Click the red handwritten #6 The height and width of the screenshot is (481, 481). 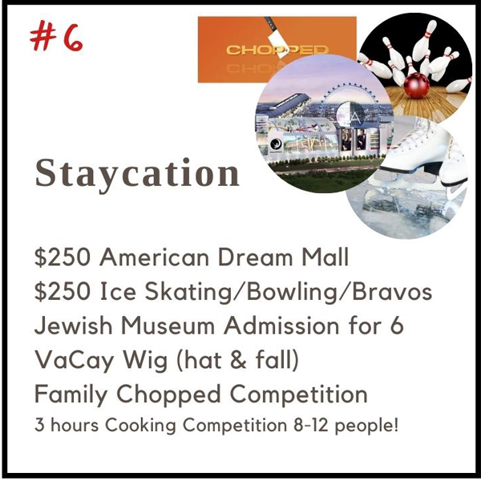click(56, 37)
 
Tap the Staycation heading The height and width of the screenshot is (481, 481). click(137, 174)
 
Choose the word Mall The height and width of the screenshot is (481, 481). click(325, 257)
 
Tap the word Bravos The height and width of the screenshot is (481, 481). click(392, 291)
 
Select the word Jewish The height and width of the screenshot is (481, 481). click(74, 325)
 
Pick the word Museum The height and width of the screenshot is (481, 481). click(168, 325)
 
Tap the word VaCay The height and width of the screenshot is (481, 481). click(74, 361)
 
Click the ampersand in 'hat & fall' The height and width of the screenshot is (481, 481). click(239, 359)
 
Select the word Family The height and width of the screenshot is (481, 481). click(71, 394)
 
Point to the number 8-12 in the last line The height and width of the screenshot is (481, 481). click(311, 425)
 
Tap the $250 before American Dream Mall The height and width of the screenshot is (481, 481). click(63, 257)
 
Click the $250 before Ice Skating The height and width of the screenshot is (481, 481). click(63, 291)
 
